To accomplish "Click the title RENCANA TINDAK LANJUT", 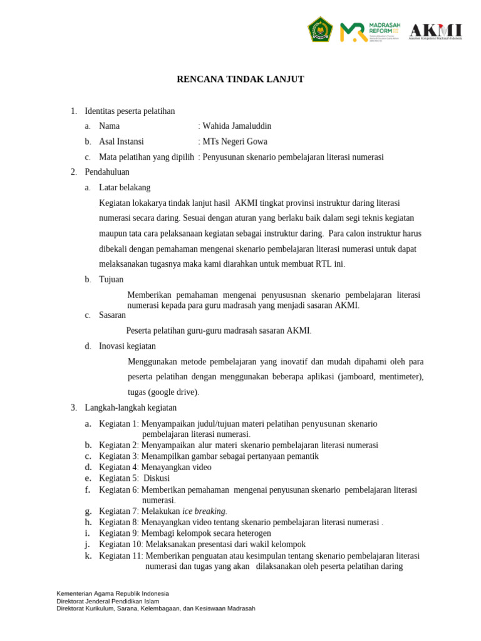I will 240,79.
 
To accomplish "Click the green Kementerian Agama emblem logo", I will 320,29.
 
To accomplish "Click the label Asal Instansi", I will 122,141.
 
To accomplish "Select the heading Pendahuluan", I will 107,172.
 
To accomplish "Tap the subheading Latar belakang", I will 125,187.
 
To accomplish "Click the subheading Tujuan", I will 111,279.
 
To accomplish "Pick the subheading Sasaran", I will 113,315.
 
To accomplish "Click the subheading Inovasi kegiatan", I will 127,346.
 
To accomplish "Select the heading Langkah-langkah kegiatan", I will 131,408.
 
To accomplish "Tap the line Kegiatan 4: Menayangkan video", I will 155,467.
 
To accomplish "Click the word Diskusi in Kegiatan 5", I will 157,478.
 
